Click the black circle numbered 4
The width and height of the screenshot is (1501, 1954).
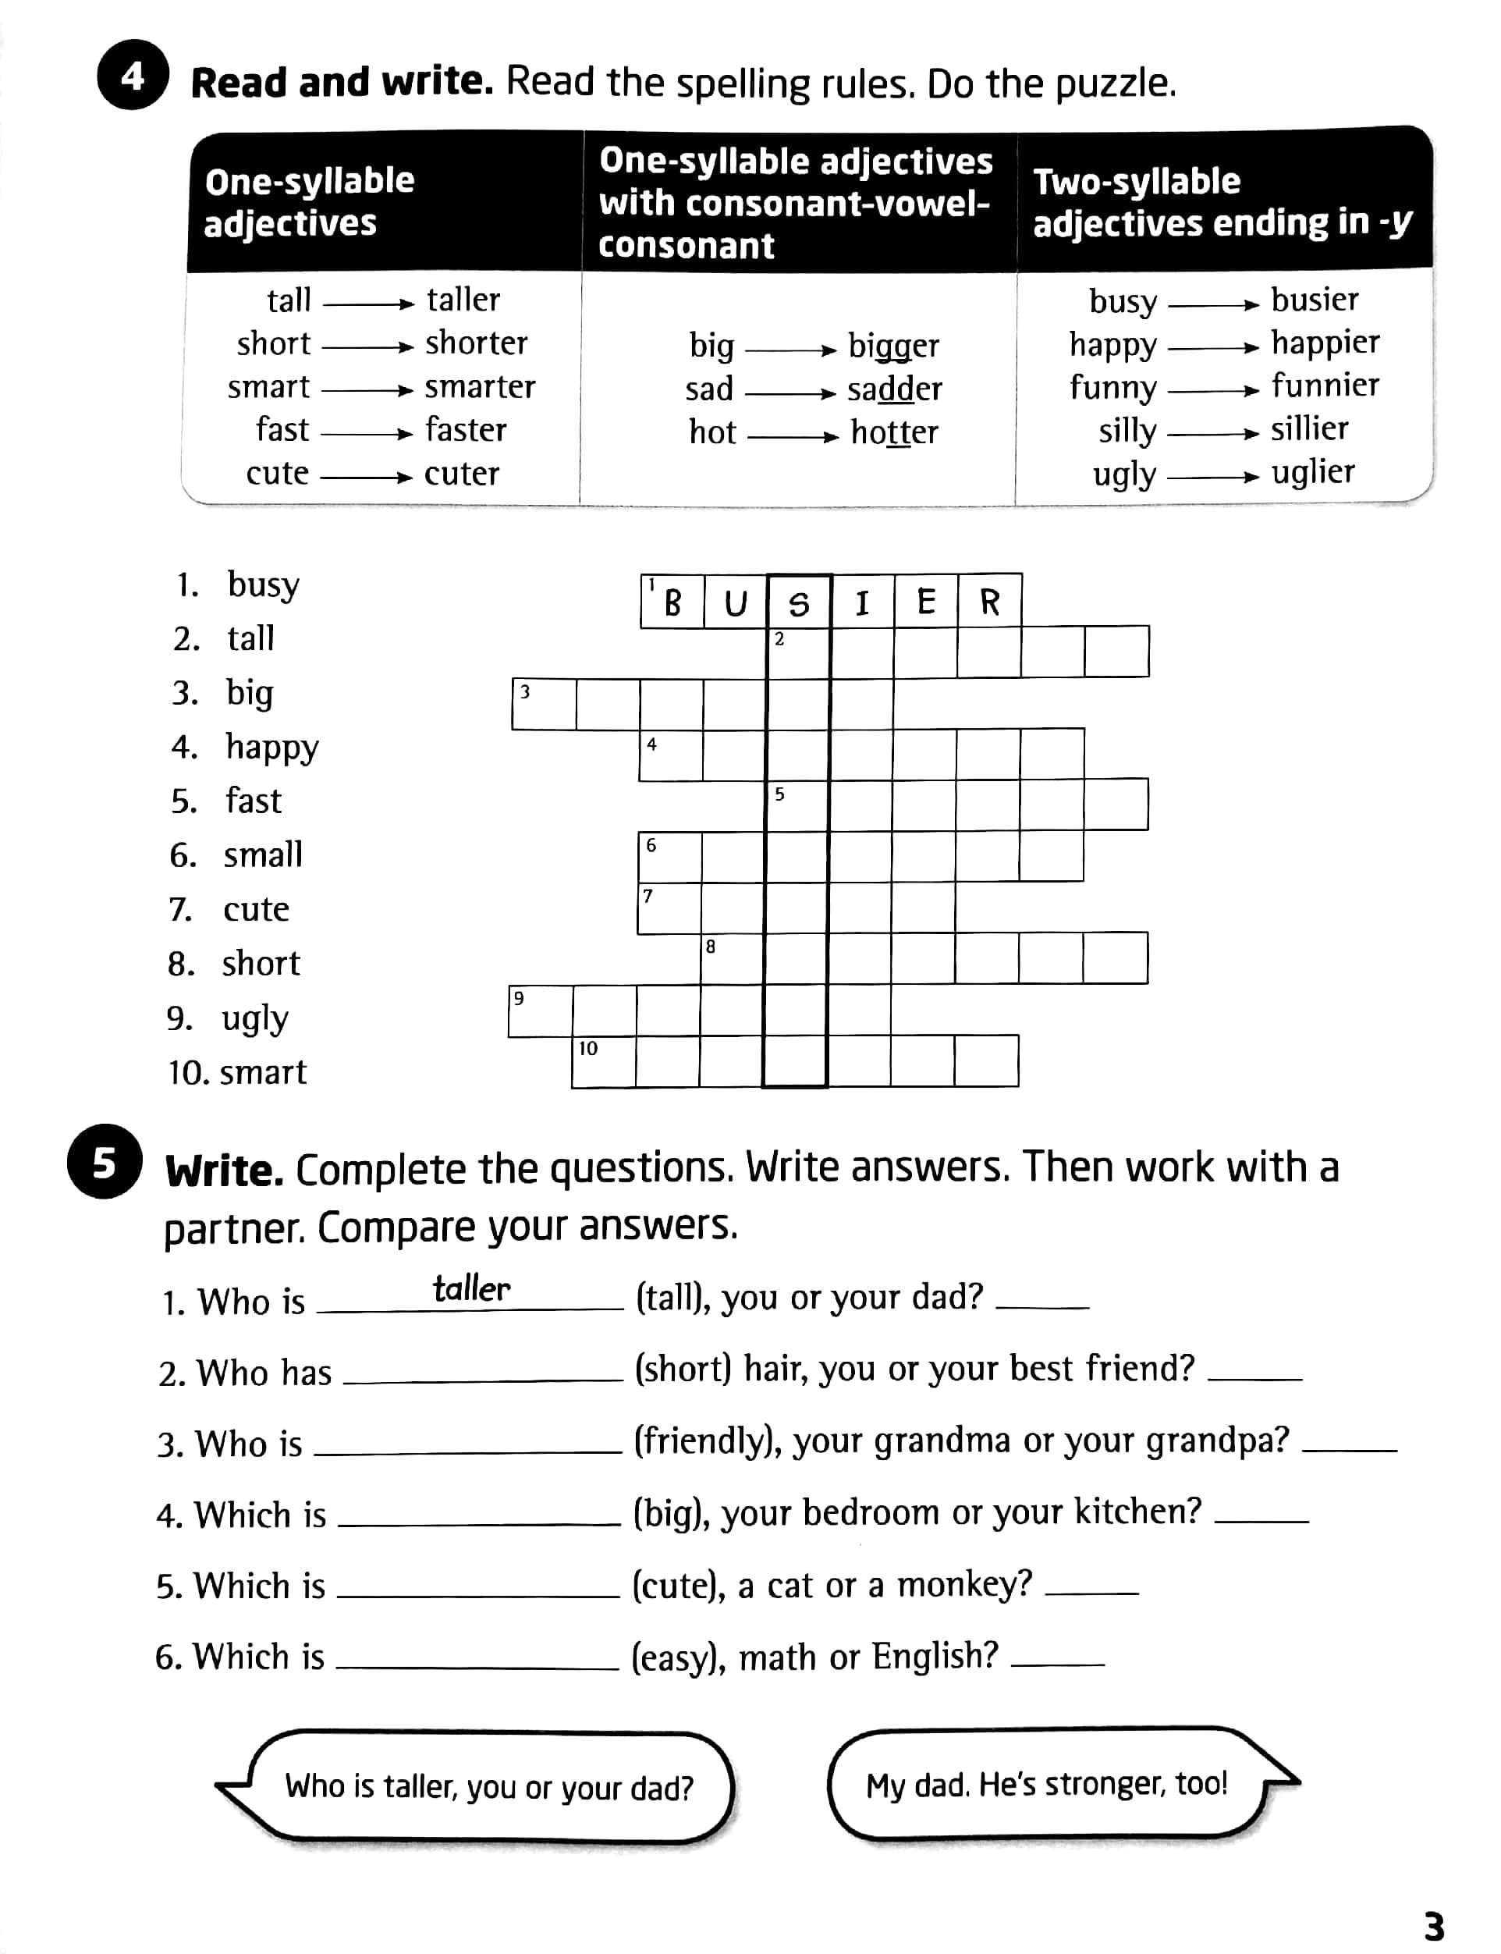[132, 76]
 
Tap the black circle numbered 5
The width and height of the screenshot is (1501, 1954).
[105, 1163]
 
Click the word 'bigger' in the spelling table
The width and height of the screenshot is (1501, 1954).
[892, 346]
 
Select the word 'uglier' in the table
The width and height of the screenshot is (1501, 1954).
[1312, 473]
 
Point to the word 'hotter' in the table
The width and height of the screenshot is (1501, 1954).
[893, 432]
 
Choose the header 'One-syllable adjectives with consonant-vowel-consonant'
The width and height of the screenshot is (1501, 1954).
[795, 202]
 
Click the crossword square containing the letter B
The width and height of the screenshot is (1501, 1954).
[672, 602]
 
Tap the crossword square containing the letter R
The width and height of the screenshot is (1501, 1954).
[989, 602]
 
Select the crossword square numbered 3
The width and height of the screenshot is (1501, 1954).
[543, 704]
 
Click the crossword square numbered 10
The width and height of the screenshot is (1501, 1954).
[603, 1061]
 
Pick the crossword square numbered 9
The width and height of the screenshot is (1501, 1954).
[541, 1011]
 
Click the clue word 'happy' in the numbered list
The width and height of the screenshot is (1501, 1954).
[271, 747]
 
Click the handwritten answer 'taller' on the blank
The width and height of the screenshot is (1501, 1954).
[471, 1289]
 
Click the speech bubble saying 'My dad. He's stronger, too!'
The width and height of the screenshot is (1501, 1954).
[1047, 1784]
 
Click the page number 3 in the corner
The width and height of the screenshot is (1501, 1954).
[1433, 1927]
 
